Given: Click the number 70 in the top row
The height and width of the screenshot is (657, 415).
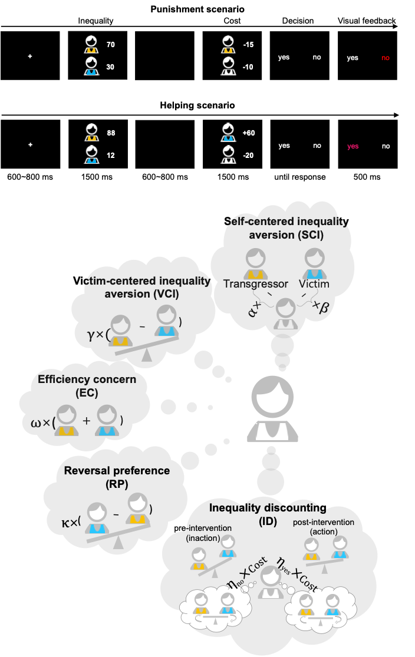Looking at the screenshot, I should [x=110, y=45].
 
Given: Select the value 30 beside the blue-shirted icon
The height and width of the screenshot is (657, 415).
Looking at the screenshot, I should [x=110, y=67].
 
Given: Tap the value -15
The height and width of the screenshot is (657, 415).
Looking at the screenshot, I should [x=248, y=45].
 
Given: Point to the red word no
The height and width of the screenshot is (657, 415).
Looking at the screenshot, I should [x=386, y=58].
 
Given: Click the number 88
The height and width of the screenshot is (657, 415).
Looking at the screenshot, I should [x=111, y=133].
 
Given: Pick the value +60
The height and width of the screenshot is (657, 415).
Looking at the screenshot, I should [x=248, y=133].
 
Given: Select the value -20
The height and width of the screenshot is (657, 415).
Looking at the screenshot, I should [x=248, y=156].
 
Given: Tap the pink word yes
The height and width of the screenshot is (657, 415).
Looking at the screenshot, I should [x=353, y=146].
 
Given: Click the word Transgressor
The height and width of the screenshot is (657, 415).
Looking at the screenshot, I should [x=256, y=284].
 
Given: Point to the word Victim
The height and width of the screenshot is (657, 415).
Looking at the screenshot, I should [x=314, y=284].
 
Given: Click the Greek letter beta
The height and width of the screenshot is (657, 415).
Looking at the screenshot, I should [x=323, y=307].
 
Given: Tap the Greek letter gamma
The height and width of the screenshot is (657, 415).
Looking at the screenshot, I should [x=91, y=334].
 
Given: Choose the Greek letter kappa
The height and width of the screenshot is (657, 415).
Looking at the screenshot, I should [x=67, y=522].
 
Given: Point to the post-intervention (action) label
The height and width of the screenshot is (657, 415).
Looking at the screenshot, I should [x=324, y=527].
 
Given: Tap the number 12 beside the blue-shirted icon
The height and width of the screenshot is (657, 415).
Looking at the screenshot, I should [x=110, y=156].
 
